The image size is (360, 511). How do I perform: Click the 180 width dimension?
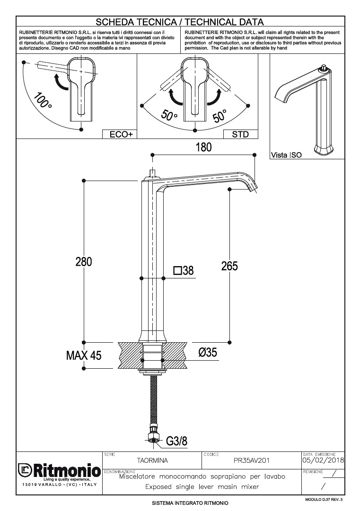coord(203,147)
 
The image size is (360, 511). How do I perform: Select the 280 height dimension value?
coord(83,261)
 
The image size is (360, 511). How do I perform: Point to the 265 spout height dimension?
coord(229,266)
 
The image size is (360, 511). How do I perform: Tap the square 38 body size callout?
coord(184,270)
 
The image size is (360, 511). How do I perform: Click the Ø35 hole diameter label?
coord(208,352)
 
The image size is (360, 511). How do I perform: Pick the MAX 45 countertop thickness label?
coord(84,355)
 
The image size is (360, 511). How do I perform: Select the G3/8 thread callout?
coord(177,441)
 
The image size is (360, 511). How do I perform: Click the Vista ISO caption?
coord(286,155)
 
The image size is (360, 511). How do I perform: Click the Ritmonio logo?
coord(59,471)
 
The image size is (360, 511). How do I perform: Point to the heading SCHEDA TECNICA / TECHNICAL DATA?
coord(180,22)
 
